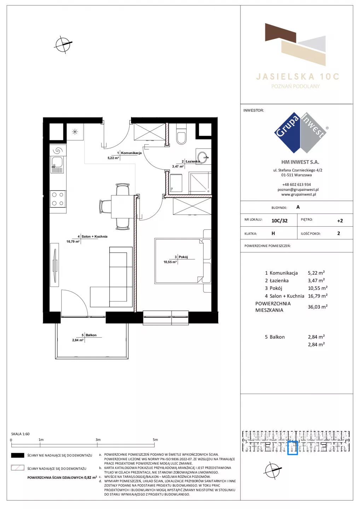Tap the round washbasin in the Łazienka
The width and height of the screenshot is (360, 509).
point(203,157)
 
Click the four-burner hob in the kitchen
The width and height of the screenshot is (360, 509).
point(58,199)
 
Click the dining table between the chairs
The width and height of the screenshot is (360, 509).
point(122,206)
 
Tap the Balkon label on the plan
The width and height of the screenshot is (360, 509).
point(91,335)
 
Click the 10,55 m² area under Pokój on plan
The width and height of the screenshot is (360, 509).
point(170,262)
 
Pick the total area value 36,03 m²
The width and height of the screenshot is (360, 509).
point(318,307)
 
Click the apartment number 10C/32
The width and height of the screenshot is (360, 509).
point(279,221)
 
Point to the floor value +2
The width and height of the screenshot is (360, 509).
point(340,221)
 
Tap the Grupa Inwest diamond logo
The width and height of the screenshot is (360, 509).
point(301,133)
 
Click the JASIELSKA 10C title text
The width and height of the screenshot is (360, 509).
point(297,77)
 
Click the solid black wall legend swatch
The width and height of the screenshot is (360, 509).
point(17,455)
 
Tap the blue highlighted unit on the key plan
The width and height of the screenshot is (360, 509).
point(292,448)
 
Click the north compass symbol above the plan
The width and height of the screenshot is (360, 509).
point(63,45)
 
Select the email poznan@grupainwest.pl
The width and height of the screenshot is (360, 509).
point(298,189)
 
